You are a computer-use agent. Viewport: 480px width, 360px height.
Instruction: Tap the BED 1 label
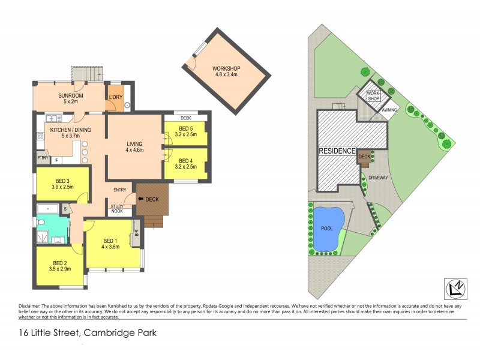(x=110, y=243)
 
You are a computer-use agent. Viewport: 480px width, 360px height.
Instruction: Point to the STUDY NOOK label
(x=117, y=209)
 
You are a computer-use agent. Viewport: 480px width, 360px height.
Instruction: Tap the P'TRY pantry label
(x=42, y=159)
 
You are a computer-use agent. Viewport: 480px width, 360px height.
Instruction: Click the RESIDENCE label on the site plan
(x=337, y=151)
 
